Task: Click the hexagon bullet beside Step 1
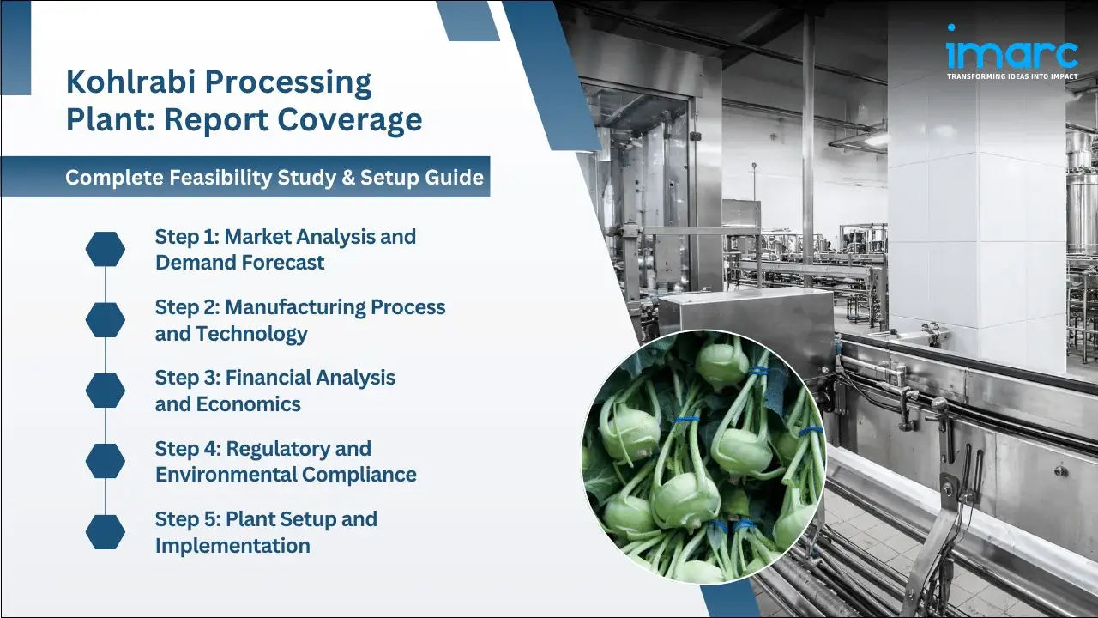106,249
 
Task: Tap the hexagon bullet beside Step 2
106,320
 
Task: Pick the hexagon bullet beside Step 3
106,391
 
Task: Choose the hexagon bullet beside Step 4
106,461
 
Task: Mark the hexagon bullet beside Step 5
106,532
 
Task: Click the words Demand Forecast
239,263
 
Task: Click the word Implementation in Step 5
232,546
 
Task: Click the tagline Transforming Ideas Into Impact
1011,76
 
